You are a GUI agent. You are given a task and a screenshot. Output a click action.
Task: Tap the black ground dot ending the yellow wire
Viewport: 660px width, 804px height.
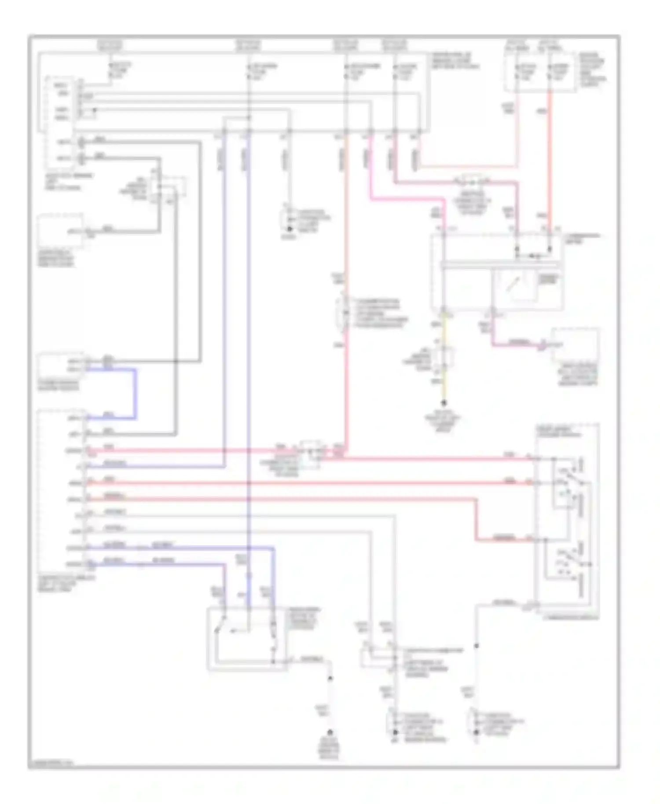point(444,402)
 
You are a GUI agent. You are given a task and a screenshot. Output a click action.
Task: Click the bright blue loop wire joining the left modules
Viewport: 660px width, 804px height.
point(135,394)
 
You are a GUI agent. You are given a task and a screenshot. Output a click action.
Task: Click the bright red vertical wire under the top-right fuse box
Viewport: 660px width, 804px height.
point(550,167)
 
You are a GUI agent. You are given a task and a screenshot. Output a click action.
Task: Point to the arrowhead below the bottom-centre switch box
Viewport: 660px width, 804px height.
point(330,678)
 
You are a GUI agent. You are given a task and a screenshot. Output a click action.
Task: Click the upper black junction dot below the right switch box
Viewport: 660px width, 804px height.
point(476,646)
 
